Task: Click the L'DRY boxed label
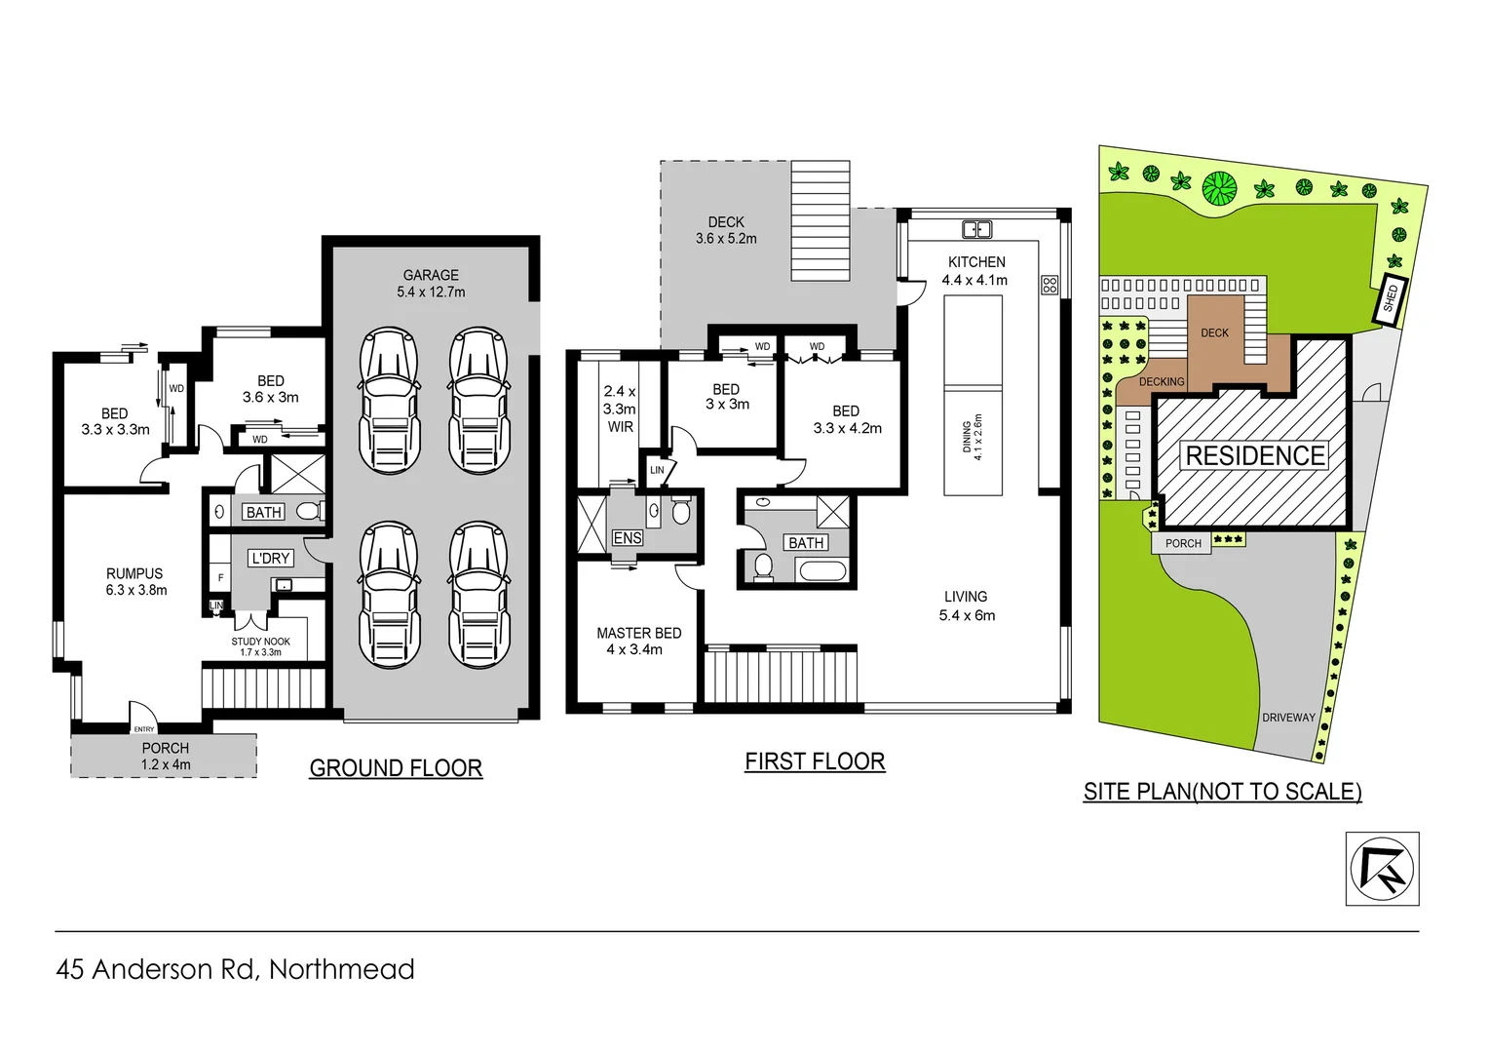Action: pos(270,558)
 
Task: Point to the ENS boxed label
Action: pos(627,537)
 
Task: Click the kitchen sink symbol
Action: pos(976,230)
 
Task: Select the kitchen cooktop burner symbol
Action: pos(1050,285)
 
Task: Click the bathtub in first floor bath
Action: pos(821,570)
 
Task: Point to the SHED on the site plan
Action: pos(1391,297)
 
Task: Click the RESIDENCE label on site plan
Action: pos(1255,455)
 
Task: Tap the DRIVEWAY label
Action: pos(1288,717)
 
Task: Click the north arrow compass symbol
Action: pos(1382,869)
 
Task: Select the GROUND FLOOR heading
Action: pos(396,768)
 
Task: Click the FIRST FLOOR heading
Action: pos(815,761)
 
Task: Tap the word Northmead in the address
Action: pos(341,969)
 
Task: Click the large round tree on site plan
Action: pos(1219,186)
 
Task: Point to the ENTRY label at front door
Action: pos(144,729)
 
